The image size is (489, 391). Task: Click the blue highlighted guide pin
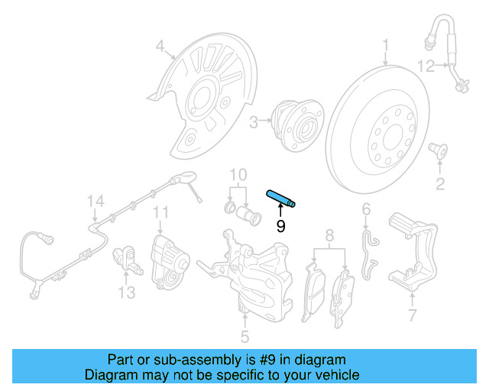click(x=281, y=198)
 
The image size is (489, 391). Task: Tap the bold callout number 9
click(x=280, y=226)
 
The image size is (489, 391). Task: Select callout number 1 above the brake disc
click(x=386, y=44)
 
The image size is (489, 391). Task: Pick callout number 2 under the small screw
click(x=440, y=183)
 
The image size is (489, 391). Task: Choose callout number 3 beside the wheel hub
click(x=253, y=120)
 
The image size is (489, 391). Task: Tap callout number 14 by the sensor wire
click(x=94, y=202)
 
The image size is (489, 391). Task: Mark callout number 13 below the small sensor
click(x=126, y=292)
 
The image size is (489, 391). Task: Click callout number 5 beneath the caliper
click(x=244, y=335)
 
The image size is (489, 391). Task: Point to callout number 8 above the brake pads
click(x=330, y=234)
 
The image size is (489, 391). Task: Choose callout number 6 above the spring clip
click(x=366, y=209)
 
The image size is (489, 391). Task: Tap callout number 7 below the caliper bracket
click(x=412, y=314)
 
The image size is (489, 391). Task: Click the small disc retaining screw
click(x=439, y=149)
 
